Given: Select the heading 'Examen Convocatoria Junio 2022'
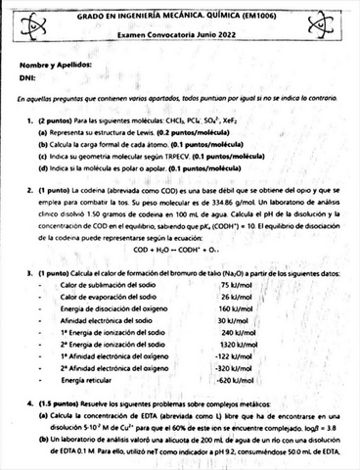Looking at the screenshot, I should click(178, 33).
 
